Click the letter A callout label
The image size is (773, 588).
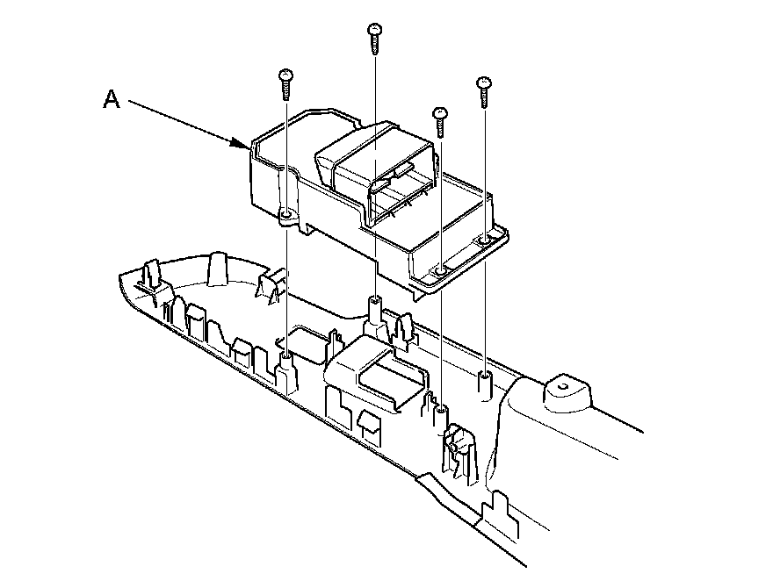(x=112, y=100)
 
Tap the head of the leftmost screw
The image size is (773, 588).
(x=284, y=75)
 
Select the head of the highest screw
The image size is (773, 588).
(x=373, y=30)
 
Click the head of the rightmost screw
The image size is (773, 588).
(x=482, y=83)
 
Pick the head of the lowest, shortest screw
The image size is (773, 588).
(x=440, y=112)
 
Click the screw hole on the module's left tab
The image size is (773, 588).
(x=287, y=215)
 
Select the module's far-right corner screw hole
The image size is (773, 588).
(x=486, y=240)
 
